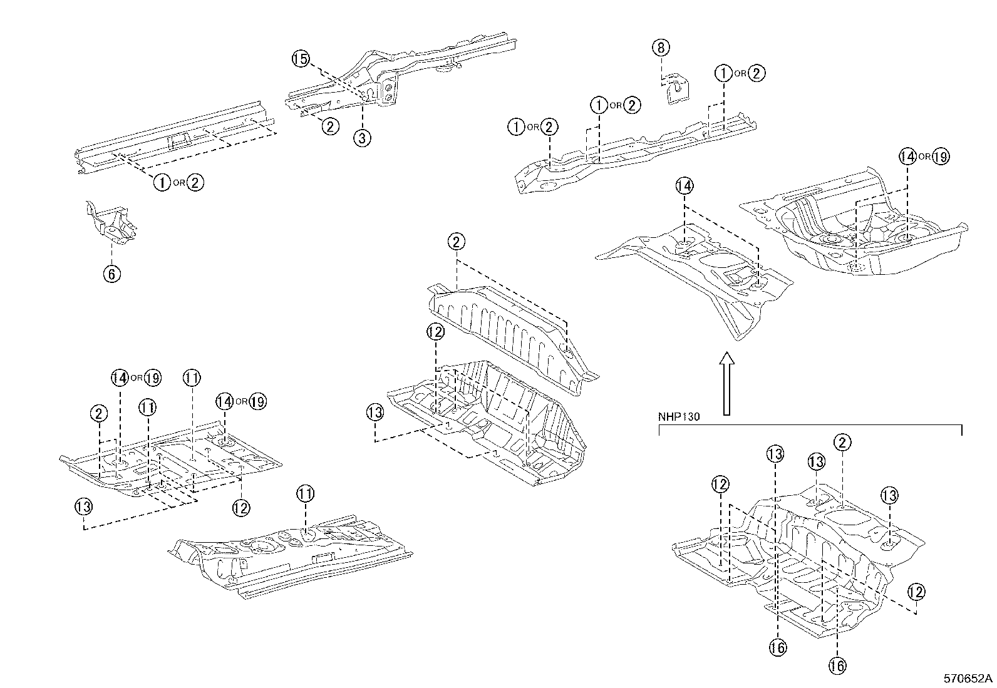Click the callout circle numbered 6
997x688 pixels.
111,274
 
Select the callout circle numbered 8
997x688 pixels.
661,47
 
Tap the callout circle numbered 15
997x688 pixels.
301,59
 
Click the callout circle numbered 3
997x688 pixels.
362,138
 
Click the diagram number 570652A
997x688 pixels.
969,679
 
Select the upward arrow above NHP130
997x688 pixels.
726,383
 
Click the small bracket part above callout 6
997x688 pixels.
111,222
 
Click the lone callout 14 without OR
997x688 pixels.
684,186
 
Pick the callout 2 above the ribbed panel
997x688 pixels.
457,242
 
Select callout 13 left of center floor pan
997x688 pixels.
375,413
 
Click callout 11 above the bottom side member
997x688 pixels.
304,495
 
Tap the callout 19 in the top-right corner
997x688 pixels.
940,157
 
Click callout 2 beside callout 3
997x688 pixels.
330,126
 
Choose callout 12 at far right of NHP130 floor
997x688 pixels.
916,592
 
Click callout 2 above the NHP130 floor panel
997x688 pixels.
842,443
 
